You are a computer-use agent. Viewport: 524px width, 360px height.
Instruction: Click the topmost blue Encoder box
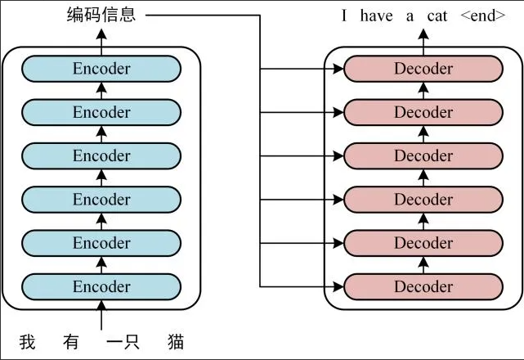tap(101, 69)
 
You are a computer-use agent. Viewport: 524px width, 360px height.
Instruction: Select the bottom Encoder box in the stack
tap(101, 286)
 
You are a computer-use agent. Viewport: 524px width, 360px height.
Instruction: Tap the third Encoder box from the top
tap(101, 155)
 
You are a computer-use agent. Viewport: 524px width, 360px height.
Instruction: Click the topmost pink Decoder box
tap(423, 69)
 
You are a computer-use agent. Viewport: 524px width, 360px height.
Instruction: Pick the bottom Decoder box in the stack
tap(423, 286)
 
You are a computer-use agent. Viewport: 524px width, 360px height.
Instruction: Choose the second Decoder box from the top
tap(423, 112)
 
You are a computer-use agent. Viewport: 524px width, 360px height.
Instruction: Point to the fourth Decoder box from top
tap(423, 200)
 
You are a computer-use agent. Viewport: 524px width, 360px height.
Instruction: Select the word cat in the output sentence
tap(438, 16)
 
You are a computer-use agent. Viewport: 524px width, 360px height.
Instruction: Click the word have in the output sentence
tap(380, 16)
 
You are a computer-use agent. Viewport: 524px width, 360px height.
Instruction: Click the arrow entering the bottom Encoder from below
tap(101, 315)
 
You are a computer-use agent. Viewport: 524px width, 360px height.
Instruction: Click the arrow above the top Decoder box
tap(423, 39)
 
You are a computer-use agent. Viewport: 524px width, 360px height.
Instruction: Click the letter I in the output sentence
tap(347, 16)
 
